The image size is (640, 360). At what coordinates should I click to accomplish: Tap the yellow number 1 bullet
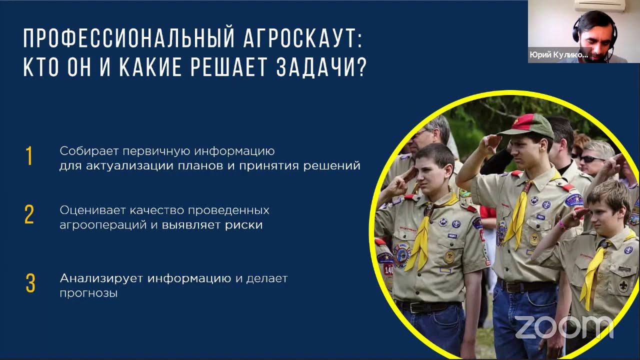29,156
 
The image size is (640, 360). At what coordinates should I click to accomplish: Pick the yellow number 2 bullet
29,215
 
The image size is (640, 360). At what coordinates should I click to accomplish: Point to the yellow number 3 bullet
30,283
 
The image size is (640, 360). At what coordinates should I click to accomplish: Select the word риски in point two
243,225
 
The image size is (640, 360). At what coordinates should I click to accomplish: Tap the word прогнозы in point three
88,293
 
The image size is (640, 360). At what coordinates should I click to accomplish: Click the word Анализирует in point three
101,278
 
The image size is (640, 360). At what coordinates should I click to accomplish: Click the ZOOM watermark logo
563,327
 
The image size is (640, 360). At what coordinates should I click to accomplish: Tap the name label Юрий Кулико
558,55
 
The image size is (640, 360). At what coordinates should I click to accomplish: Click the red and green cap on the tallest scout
525,124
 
